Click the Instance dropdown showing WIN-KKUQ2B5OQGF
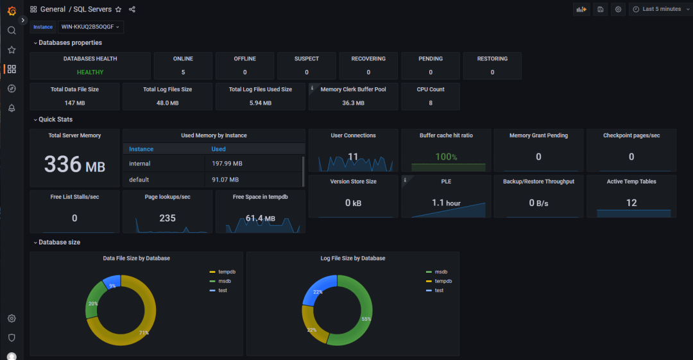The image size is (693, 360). [x=90, y=27]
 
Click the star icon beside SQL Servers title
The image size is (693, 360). [x=118, y=10]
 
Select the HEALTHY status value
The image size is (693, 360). [x=90, y=73]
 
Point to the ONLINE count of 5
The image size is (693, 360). [x=183, y=73]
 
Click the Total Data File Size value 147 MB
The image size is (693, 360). [x=74, y=103]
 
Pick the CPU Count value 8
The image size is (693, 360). [x=430, y=103]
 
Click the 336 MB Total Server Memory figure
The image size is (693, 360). [x=74, y=165]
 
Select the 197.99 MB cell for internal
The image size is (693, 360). [x=227, y=164]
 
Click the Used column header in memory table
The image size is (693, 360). [x=218, y=149]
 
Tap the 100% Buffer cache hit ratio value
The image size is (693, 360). [x=446, y=157]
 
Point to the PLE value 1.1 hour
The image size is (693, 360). [x=446, y=203]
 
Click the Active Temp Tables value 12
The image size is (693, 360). [x=631, y=203]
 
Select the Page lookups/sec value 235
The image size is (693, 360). [x=167, y=218]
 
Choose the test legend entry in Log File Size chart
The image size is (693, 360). [x=439, y=290]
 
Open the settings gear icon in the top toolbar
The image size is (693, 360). [x=618, y=9]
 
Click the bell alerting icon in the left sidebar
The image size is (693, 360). [x=12, y=108]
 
